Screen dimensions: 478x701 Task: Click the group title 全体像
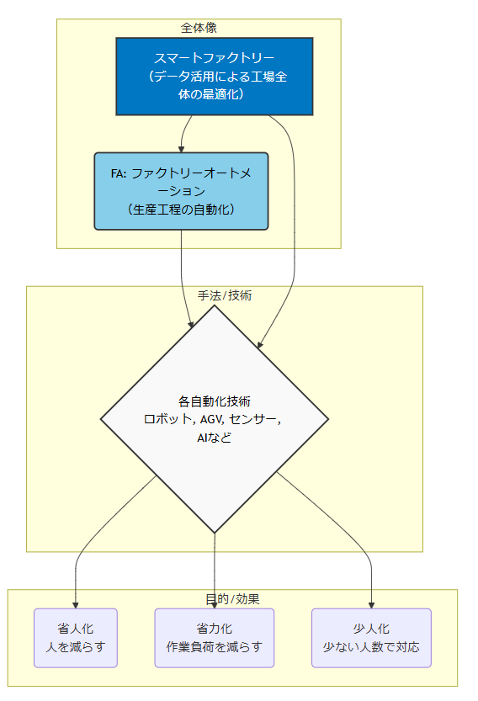[199, 28]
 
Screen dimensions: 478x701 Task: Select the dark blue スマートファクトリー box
[215, 77]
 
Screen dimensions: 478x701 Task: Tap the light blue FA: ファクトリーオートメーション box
[181, 191]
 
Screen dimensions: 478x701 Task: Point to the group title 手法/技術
[225, 295]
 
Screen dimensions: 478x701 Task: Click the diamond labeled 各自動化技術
[215, 419]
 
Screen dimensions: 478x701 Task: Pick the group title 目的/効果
[232, 599]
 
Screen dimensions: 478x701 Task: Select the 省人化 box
[76, 638]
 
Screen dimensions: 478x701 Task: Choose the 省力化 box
[215, 638]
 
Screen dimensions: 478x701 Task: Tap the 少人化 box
[371, 638]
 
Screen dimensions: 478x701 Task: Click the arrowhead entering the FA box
[181, 149]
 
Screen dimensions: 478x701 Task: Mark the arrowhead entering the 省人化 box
[76, 605]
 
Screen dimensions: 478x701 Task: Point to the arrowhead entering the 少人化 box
[371, 605]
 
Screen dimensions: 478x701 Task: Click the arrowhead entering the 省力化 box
[215, 605]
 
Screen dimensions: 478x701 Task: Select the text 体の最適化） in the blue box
[211, 94]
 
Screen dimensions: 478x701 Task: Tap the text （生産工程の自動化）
[181, 210]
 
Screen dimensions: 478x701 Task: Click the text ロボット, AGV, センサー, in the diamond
[212, 419]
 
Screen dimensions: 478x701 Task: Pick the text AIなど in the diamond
[215, 438]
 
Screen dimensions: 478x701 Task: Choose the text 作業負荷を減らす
[215, 647]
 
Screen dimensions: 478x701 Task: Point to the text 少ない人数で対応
[371, 647]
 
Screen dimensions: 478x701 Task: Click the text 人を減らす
[76, 647]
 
